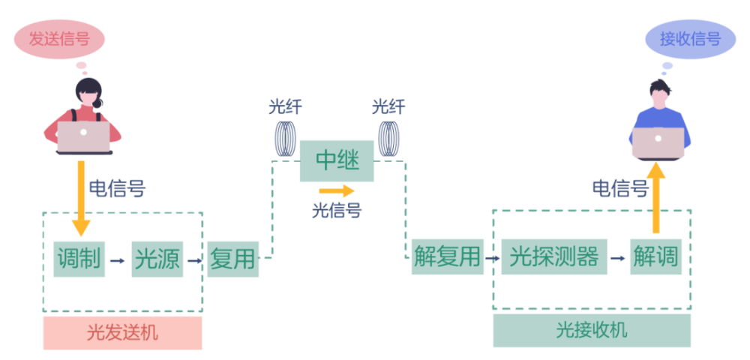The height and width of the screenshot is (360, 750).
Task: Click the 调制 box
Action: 79,259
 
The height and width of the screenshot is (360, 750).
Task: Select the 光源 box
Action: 157,259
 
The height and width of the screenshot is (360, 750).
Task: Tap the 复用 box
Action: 232,259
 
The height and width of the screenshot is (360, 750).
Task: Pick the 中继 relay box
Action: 337,160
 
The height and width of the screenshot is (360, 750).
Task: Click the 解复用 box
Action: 447,256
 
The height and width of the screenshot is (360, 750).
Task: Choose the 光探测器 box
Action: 554,256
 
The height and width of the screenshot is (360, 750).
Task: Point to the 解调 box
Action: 655,256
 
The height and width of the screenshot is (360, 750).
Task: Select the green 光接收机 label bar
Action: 592,331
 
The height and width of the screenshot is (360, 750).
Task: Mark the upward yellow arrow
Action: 656,196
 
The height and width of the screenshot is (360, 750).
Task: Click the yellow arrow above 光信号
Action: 337,191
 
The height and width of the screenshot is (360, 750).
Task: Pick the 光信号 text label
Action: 337,211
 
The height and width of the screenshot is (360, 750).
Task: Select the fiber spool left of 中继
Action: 285,139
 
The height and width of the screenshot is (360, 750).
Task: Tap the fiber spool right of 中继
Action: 388,139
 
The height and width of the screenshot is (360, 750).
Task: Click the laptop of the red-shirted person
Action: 84,136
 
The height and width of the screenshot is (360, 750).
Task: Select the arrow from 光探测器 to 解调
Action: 618,258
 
